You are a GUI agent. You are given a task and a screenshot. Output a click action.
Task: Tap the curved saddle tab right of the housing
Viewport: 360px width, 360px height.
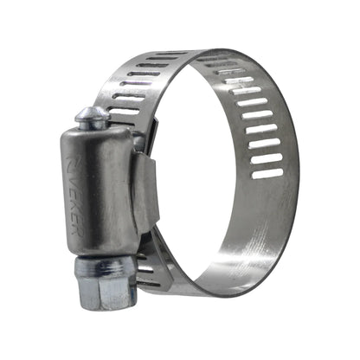click(x=149, y=195)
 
